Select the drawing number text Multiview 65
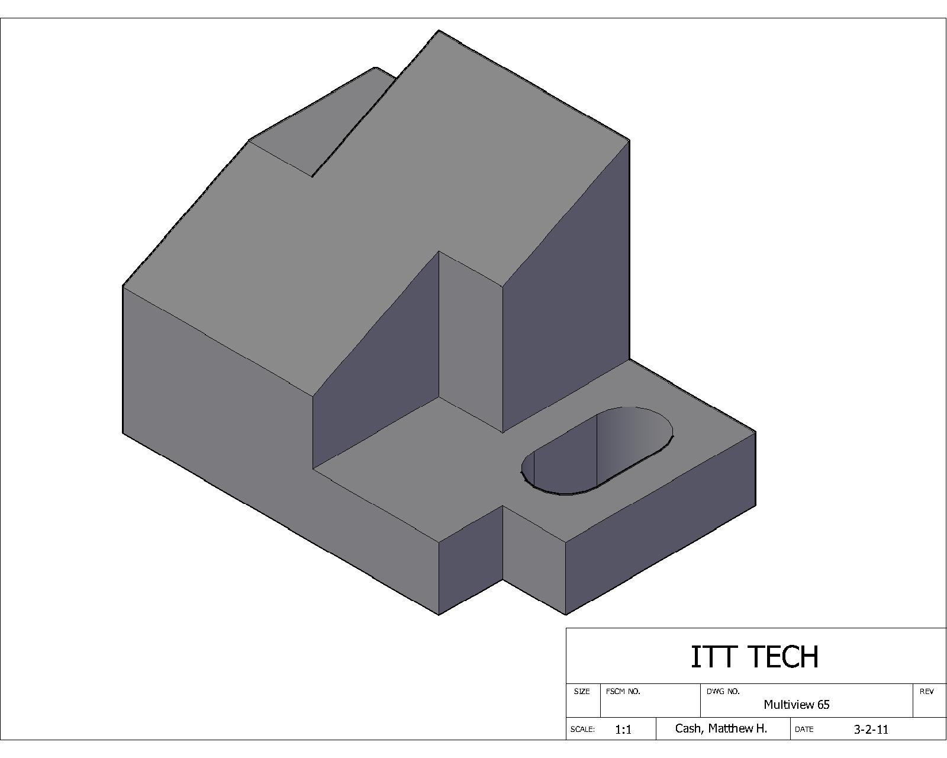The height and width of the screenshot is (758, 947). pyautogui.click(x=796, y=705)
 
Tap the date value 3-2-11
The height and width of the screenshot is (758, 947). pyautogui.click(x=871, y=729)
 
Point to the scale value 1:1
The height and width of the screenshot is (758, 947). pyautogui.click(x=623, y=730)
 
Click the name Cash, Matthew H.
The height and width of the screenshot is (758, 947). pyautogui.click(x=721, y=728)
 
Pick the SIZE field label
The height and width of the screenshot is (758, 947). pyautogui.click(x=582, y=691)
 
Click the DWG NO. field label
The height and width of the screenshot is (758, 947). pyautogui.click(x=723, y=691)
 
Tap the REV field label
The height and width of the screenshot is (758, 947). pyautogui.click(x=926, y=691)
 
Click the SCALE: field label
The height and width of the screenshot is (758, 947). pyautogui.click(x=582, y=730)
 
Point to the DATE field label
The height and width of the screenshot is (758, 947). pyautogui.click(x=804, y=730)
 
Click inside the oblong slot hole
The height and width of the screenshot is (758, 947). pyautogui.click(x=598, y=453)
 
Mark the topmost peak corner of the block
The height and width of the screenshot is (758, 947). pyautogui.click(x=439, y=31)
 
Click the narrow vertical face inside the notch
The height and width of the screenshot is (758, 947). pyautogui.click(x=471, y=343)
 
